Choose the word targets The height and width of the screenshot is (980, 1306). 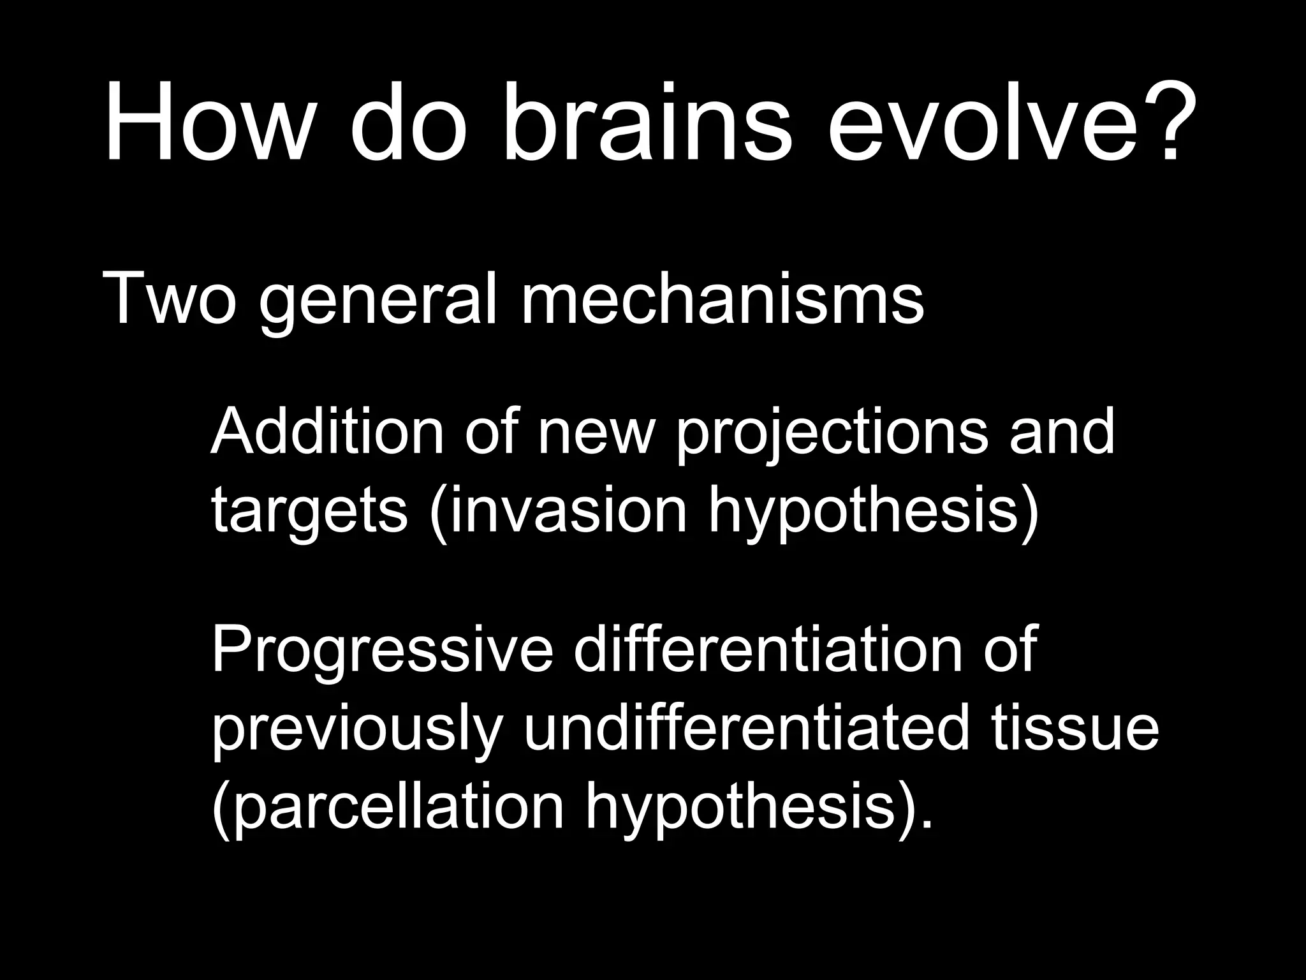point(309,514)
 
